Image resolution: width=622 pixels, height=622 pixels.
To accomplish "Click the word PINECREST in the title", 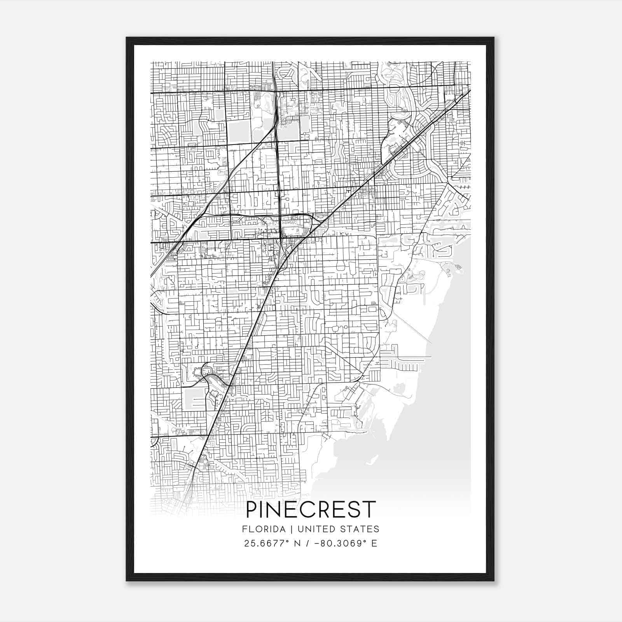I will tap(311, 509).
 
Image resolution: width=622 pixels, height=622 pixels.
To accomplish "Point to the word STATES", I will tap(361, 529).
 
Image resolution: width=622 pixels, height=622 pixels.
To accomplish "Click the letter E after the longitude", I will tap(374, 543).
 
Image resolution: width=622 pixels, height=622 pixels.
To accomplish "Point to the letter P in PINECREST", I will tap(252, 509).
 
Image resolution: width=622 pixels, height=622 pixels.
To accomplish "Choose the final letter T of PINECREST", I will tap(370, 509).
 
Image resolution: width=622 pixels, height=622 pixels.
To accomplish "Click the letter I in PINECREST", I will tap(264, 509).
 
